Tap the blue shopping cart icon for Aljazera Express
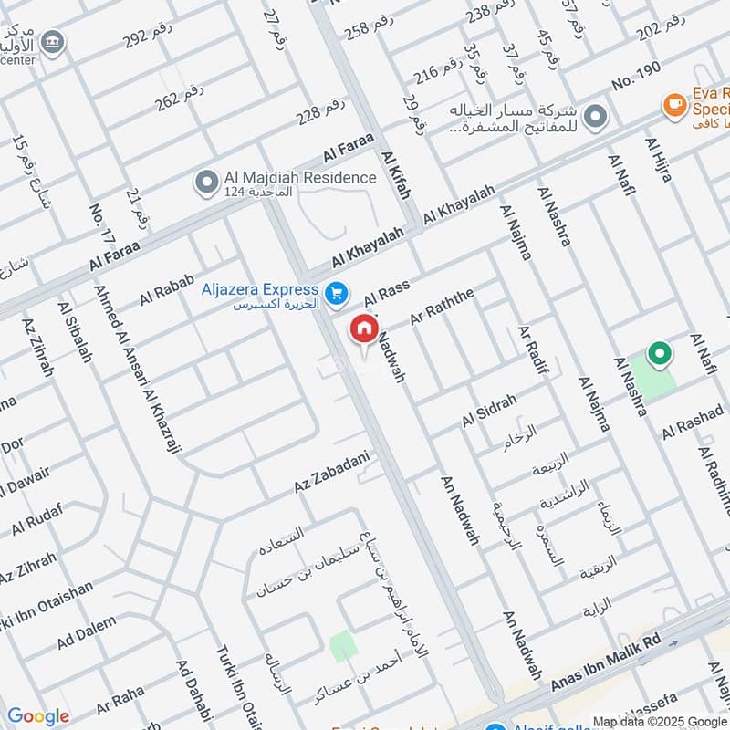(x=338, y=293)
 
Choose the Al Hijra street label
(x=658, y=159)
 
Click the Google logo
(x=38, y=716)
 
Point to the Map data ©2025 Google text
(x=659, y=721)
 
